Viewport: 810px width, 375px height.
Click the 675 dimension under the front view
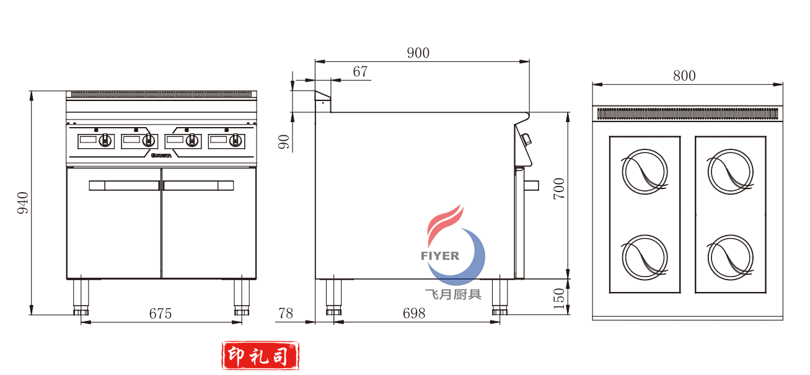tap(160, 314)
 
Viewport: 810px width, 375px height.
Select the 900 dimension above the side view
tap(418, 53)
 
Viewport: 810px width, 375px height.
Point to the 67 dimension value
tap(360, 72)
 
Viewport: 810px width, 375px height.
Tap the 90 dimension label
tap(284, 142)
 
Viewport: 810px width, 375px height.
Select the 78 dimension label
tap(286, 314)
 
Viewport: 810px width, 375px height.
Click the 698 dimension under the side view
tap(414, 314)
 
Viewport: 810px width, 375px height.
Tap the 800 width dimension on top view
tap(684, 76)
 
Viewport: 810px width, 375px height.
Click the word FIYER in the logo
tap(440, 255)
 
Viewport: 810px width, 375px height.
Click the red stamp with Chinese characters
tap(260, 356)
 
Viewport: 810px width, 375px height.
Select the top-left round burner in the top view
tap(645, 171)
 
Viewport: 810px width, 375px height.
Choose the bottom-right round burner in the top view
tap(731, 257)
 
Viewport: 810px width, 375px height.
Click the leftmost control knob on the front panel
tap(105, 141)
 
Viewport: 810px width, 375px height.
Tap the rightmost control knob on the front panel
tap(236, 141)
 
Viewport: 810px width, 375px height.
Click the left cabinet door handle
tap(124, 185)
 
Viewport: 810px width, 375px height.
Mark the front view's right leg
tap(242, 297)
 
